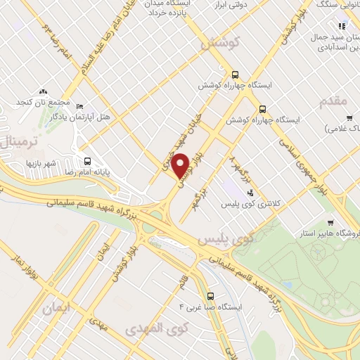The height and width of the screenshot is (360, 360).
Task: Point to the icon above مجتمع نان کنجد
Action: tap(44, 91)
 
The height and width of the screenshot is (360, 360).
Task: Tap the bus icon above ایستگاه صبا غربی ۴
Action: tap(211, 295)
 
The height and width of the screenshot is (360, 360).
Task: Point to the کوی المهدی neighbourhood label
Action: tap(154, 328)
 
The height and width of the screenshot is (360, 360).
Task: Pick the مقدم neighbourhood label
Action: tap(333, 101)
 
